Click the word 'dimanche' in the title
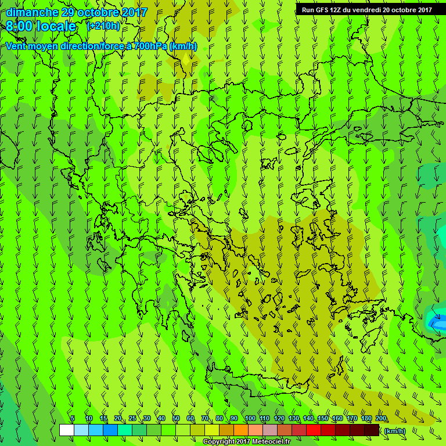[x=32, y=12]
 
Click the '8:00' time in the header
[x=22, y=26]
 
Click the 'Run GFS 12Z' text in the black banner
[x=322, y=10]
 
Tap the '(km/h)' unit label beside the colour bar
[x=395, y=430]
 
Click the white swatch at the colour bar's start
[x=66, y=430]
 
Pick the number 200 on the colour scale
[x=381, y=419]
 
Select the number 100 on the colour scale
[x=250, y=419]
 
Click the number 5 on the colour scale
[x=73, y=419]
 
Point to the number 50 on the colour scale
[x=176, y=419]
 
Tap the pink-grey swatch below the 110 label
[x=270, y=430]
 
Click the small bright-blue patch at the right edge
[x=436, y=320]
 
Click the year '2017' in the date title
[x=135, y=12]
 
